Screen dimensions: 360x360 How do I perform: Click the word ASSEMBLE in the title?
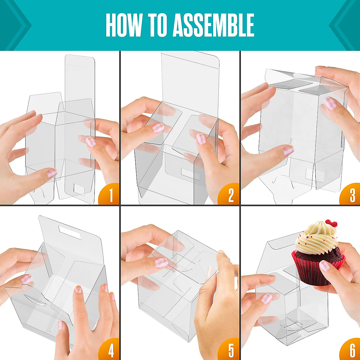pyautogui.click(x=213, y=25)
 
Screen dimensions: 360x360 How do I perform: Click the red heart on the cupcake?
pyautogui.click(x=331, y=223)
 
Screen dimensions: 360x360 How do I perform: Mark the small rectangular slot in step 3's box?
pyautogui.click(x=310, y=173)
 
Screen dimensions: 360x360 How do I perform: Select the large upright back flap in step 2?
pyautogui.click(x=190, y=84)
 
